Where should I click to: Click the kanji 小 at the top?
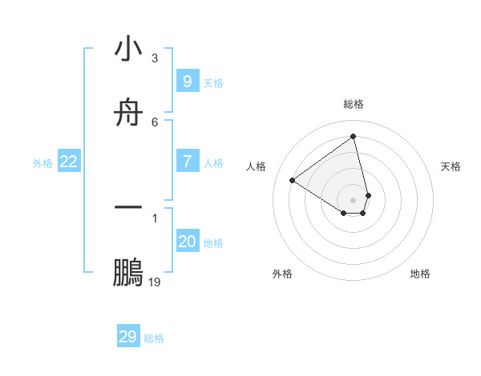tap(128, 50)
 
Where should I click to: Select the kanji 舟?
tap(128, 113)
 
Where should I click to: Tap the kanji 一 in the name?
tap(128, 208)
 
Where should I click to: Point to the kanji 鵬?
tap(128, 273)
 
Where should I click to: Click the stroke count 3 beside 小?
tap(154, 58)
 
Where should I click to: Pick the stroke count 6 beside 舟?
tap(154, 122)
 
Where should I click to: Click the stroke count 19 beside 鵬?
tap(155, 282)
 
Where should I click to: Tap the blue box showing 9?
tap(187, 81)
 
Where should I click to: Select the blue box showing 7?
tap(187, 162)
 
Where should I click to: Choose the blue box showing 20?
tap(187, 242)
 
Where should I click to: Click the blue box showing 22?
tap(69, 162)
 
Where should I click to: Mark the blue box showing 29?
tap(128, 337)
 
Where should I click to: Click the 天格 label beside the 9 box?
tap(213, 82)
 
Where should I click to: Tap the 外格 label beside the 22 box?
tap(42, 163)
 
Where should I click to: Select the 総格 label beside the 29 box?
tap(154, 338)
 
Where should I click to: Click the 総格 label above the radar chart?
tap(354, 104)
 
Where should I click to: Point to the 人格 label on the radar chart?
tap(257, 166)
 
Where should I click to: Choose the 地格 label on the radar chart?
tap(420, 274)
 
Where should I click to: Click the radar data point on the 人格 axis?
tap(292, 180)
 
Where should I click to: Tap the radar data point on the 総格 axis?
tap(354, 136)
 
